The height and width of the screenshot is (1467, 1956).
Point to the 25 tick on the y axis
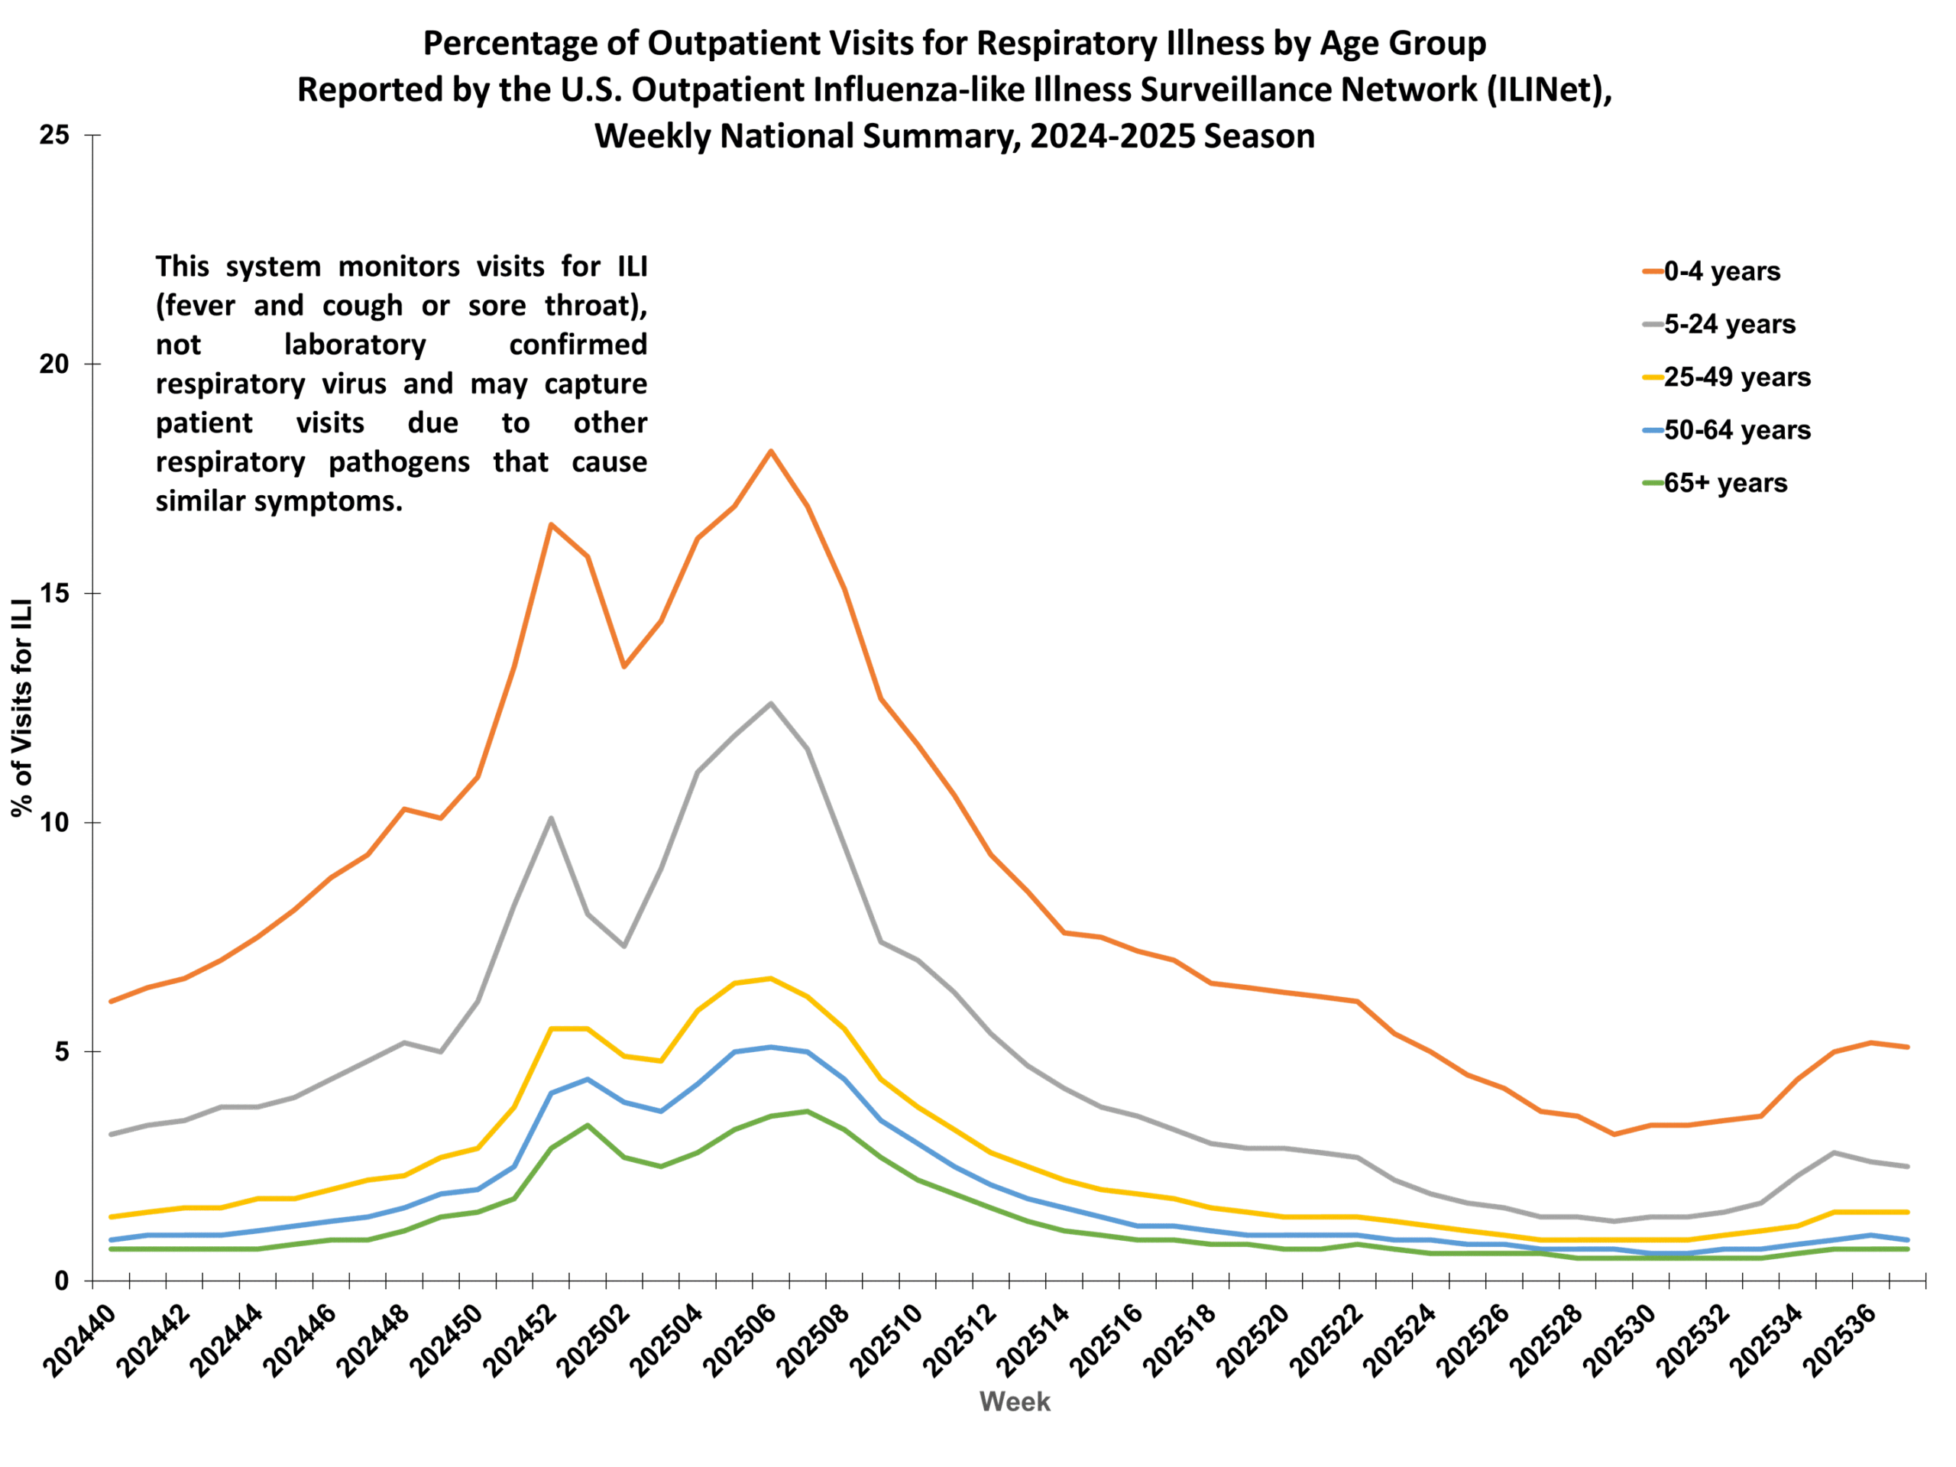54,135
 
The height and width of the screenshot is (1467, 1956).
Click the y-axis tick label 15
54,594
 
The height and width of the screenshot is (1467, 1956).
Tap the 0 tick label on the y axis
61,1281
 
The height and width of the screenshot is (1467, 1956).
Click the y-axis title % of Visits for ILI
22,708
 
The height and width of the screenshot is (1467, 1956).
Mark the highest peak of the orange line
771,451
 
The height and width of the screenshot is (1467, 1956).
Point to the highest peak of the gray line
771,703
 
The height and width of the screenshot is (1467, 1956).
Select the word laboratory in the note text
355,344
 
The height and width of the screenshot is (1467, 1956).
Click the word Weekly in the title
652,137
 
